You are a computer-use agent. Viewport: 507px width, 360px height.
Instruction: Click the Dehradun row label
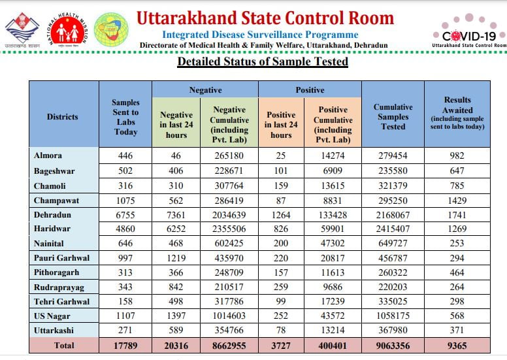53,214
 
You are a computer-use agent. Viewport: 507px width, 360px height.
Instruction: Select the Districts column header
62,117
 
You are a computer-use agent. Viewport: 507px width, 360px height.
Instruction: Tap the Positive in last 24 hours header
281,121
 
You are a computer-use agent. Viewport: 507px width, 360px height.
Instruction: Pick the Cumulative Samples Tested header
393,117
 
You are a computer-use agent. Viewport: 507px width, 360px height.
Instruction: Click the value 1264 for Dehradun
281,214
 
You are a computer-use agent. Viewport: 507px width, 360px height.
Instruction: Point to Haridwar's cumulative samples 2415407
393,229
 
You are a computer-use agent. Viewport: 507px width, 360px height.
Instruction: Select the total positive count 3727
281,346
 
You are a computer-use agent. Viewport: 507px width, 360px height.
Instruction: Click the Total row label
63,346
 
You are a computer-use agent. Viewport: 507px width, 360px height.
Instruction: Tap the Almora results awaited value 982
457,155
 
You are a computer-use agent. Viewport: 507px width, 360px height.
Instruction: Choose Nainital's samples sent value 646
125,243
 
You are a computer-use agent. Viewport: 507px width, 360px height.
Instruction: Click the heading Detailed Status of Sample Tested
263,62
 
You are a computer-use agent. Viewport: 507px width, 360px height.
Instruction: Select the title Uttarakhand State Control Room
265,18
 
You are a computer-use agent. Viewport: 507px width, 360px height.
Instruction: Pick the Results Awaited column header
457,113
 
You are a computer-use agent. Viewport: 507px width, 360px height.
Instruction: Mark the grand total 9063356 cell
393,346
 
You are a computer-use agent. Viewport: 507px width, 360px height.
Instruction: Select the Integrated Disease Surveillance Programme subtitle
260,34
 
